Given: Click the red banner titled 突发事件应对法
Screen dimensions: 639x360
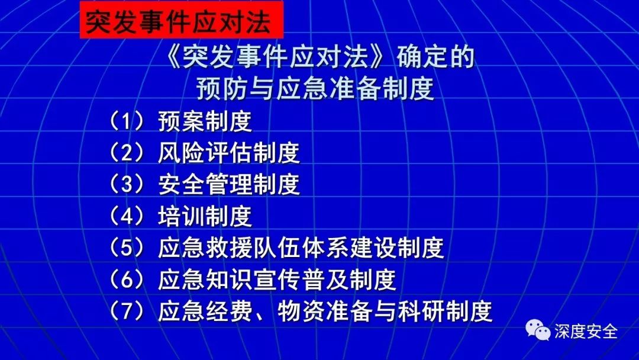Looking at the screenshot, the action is (182, 20).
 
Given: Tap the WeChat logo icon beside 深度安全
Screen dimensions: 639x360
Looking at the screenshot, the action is (538, 330).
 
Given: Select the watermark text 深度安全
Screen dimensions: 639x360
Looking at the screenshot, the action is (586, 331).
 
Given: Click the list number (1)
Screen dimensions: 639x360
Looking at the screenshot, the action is (127, 121).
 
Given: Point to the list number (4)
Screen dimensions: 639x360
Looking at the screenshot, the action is (127, 216).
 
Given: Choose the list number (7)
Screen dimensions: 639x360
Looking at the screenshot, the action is (127, 311).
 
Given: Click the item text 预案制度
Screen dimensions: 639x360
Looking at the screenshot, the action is (205, 121).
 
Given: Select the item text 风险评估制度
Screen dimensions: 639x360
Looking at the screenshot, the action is (229, 153).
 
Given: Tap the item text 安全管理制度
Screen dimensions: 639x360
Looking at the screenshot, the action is (229, 184).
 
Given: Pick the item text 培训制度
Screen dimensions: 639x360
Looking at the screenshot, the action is (205, 216).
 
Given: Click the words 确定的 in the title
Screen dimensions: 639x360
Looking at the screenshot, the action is (435, 57).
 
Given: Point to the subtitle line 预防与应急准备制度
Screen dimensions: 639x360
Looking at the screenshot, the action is (315, 88).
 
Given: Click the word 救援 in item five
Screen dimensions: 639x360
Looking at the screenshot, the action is (229, 247).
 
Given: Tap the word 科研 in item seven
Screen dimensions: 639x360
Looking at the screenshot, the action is (421, 311).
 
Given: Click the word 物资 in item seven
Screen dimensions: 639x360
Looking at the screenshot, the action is (301, 311).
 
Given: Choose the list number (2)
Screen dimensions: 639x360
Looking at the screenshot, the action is (127, 153).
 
